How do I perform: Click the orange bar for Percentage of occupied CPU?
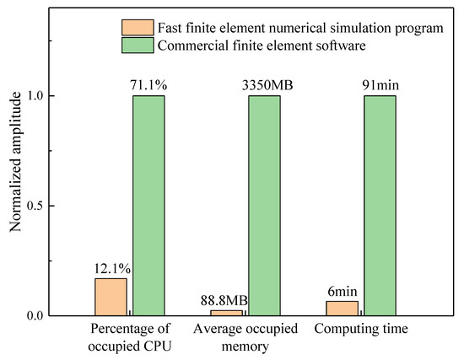point(111,298)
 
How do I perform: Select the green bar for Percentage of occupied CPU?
point(148,206)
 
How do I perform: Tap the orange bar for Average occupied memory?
point(226,313)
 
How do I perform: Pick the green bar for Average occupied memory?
point(264,206)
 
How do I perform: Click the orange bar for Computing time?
point(342,309)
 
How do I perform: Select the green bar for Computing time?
point(380,206)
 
